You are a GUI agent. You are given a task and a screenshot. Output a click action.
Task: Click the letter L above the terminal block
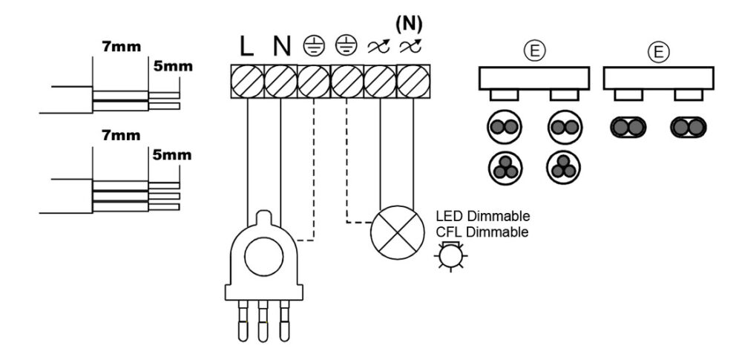click(247, 47)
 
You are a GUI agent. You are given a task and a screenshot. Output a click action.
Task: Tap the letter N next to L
click(281, 47)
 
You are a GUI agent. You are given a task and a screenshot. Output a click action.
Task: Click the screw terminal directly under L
click(248, 82)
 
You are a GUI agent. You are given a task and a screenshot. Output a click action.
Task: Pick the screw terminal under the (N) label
click(413, 82)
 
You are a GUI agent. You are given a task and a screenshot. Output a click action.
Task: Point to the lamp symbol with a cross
click(398, 232)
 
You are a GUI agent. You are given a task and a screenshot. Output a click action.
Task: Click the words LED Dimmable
click(483, 217)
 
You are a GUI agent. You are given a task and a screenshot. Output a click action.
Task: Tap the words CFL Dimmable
click(482, 232)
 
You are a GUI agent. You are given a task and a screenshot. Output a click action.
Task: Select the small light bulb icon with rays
click(450, 256)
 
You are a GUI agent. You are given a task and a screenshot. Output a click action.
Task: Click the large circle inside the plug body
click(263, 257)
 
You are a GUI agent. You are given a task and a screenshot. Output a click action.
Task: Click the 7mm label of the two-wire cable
click(121, 47)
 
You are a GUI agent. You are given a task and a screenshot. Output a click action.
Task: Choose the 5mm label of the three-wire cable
click(172, 155)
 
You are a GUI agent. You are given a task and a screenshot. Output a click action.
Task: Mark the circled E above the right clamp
click(657, 52)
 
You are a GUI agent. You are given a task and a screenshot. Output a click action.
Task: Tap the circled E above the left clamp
click(534, 52)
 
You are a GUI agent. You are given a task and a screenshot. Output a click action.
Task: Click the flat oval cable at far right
click(689, 128)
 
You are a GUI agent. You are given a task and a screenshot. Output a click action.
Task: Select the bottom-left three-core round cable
click(505, 168)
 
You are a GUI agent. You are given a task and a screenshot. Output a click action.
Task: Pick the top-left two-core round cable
click(505, 127)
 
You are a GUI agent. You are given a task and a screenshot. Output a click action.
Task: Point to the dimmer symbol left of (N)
click(378, 47)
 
